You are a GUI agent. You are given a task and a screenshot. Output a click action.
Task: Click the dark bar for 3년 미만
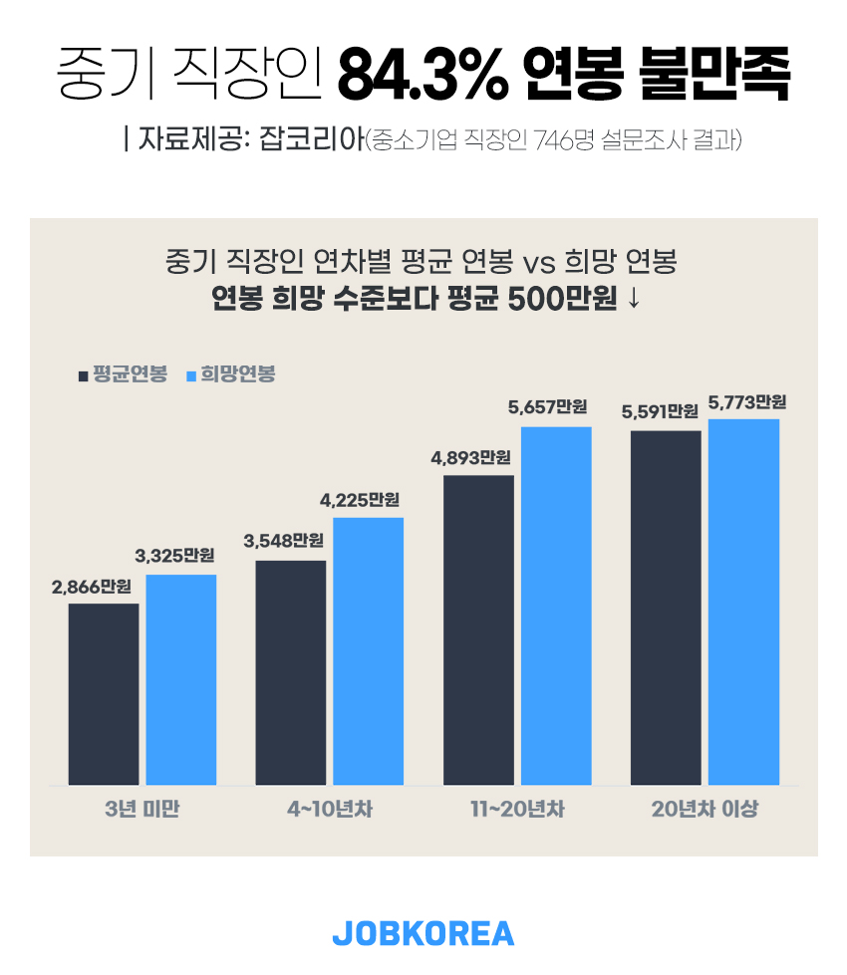tap(104, 693)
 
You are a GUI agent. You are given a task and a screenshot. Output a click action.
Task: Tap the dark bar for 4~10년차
tap(291, 672)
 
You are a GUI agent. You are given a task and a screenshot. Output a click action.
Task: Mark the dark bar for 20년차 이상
tap(666, 608)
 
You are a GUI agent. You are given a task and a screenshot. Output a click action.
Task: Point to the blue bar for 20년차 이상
tap(743, 602)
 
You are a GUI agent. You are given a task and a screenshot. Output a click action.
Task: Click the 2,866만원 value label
tap(92, 587)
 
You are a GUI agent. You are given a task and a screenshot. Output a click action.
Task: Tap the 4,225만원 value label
tap(360, 500)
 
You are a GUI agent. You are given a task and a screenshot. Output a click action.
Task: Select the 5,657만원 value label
tap(547, 407)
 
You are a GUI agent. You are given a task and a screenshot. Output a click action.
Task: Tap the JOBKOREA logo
tap(423, 933)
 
